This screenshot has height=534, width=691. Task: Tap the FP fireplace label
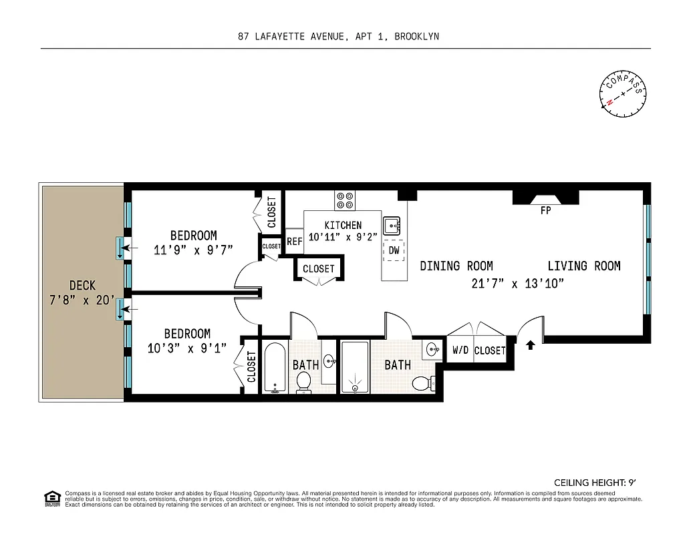pos(545,210)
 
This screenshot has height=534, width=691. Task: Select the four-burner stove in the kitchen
pos(345,200)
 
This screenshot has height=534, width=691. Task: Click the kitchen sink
pos(392,225)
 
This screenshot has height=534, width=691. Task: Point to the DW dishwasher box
pos(394,250)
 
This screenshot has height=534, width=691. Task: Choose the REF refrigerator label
pos(294,242)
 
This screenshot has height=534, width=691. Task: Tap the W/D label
pos(460,350)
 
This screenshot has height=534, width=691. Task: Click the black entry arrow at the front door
pos(531,345)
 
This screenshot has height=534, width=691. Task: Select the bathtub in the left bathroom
pos(275,368)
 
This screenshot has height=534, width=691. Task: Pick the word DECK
pos(82,286)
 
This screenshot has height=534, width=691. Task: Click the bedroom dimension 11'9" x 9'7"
pos(193,251)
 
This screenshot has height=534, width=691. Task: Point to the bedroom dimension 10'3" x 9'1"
pos(187,348)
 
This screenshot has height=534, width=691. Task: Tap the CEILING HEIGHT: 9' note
pos(598,483)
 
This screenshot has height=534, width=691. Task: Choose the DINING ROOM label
pos(456,266)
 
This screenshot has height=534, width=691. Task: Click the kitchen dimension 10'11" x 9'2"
pos(343,236)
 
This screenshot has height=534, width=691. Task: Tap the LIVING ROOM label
pos(584,266)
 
